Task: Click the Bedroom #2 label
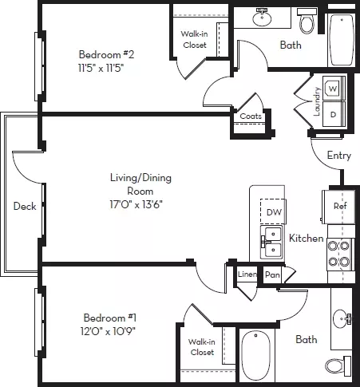pos(106,54)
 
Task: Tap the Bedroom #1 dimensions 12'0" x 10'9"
pos(108,331)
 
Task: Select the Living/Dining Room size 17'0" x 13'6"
pos(136,204)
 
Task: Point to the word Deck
pos(25,206)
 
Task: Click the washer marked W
pos(334,89)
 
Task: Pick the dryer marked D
pos(334,114)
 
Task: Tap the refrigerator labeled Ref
pos(338,207)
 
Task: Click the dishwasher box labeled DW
pos(273,211)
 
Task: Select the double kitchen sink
pos(271,242)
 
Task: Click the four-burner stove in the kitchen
pos(341,255)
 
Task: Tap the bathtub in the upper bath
pos(342,39)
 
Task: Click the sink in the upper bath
pos(262,18)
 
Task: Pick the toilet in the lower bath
pos(338,366)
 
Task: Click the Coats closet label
pos(251,116)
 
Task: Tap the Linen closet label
pos(247,274)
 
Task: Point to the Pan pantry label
pos(272,274)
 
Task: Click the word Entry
pos(339,156)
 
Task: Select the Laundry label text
pos(316,101)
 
